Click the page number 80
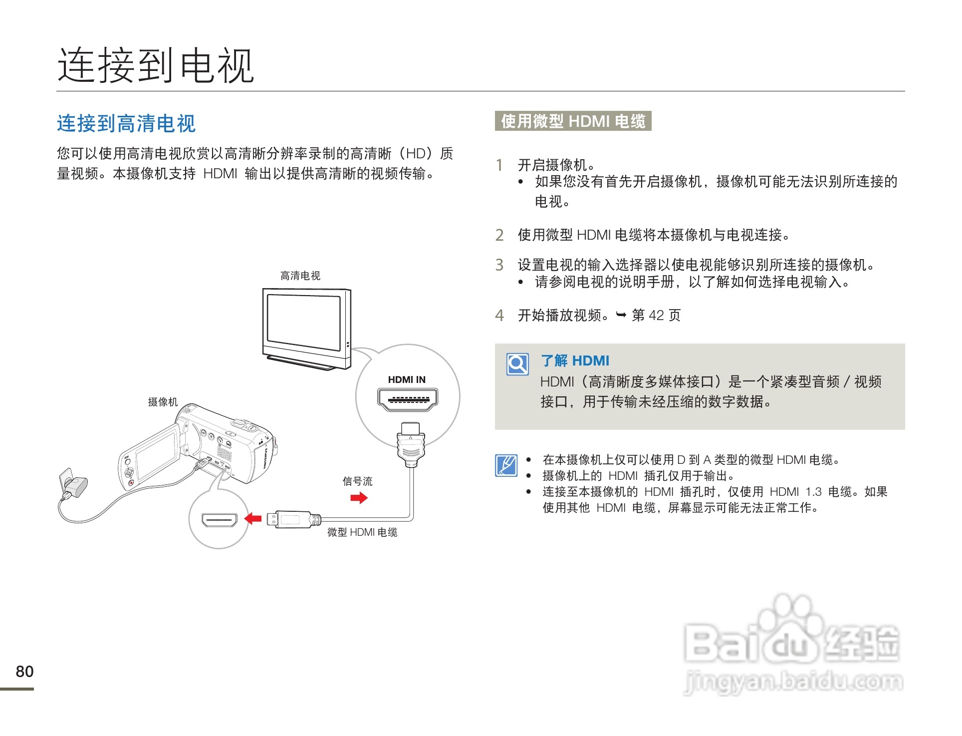(x=24, y=671)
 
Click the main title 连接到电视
(x=156, y=66)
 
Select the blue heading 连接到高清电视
(x=126, y=123)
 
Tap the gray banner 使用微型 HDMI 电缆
(x=573, y=121)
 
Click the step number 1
(x=499, y=165)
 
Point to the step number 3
(x=499, y=265)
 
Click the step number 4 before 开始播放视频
(x=499, y=315)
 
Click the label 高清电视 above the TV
(x=300, y=276)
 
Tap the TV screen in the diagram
(x=304, y=324)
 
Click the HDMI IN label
(x=407, y=379)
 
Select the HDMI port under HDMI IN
(x=408, y=399)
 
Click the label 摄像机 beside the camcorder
(x=163, y=402)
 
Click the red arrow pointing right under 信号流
(x=359, y=497)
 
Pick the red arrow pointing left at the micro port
(x=253, y=519)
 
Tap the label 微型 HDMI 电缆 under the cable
(x=362, y=532)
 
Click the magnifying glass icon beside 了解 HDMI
(x=517, y=364)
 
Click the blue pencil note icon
(x=506, y=465)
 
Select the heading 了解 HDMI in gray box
(x=575, y=361)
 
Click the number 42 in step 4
(x=656, y=315)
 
